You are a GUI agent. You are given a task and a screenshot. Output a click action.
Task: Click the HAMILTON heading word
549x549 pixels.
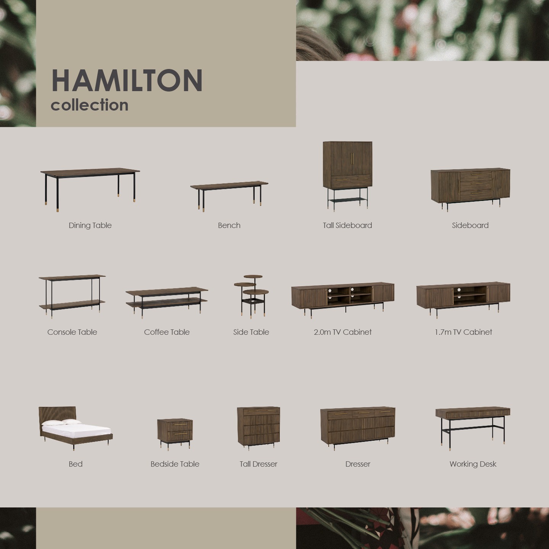click(127, 80)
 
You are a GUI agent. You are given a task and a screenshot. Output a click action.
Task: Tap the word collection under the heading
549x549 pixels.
click(90, 105)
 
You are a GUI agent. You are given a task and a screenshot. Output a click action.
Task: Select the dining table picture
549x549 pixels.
click(90, 189)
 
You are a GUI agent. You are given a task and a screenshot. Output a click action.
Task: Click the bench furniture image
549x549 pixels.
click(229, 196)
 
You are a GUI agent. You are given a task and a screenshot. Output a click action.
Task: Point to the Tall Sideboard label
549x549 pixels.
click(347, 225)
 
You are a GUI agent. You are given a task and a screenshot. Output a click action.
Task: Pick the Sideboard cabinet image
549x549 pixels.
click(470, 189)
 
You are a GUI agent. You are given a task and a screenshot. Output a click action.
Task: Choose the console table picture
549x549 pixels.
click(72, 296)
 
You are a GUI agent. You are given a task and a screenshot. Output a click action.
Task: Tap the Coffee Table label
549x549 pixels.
click(167, 332)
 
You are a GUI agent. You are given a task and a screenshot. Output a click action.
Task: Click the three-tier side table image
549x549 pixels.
click(251, 297)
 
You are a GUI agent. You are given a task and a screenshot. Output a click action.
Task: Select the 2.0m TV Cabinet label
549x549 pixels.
click(343, 332)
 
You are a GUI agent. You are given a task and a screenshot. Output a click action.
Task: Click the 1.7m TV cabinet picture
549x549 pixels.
click(463, 300)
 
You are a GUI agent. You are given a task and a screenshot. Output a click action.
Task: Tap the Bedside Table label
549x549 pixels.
click(175, 464)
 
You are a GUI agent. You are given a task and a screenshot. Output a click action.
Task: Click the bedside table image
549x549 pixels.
click(175, 435)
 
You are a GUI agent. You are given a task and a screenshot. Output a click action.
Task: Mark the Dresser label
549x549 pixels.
click(358, 464)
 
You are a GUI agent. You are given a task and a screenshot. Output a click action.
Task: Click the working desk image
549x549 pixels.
click(473, 429)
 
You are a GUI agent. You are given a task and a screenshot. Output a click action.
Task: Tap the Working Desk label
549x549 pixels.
click(473, 464)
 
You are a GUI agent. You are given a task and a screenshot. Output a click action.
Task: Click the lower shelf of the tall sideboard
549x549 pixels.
click(348, 200)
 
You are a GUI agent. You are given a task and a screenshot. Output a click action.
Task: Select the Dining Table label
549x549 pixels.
click(90, 225)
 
